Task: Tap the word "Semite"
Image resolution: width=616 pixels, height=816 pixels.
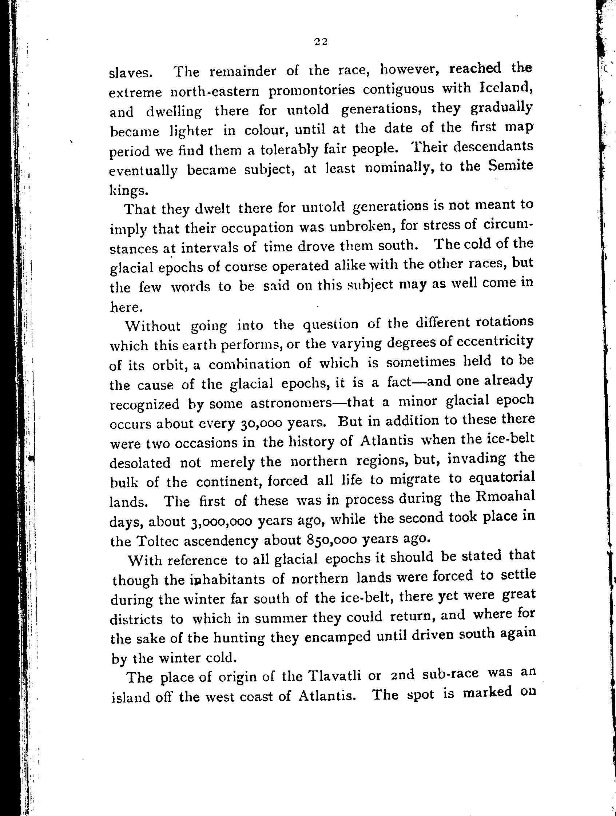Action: (x=510, y=166)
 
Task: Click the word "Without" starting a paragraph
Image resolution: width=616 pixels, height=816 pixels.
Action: (x=153, y=326)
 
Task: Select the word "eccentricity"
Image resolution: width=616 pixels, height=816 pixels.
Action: (x=494, y=341)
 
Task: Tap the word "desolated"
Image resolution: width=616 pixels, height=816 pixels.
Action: (x=140, y=462)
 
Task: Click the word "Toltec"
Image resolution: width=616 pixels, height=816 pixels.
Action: (x=157, y=541)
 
